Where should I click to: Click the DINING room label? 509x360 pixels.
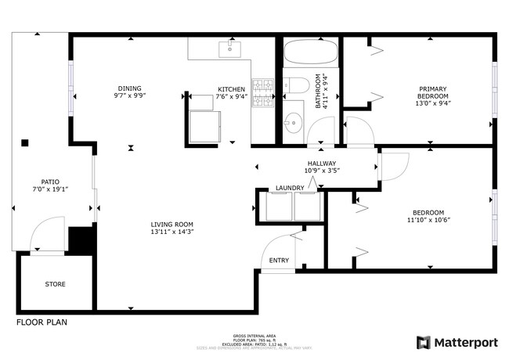[131, 88]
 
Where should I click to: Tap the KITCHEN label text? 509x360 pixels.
[232, 89]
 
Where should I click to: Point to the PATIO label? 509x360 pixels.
[45, 182]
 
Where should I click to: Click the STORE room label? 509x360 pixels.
[55, 284]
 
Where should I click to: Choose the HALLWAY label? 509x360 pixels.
[321, 163]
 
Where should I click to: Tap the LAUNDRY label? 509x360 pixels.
[289, 189]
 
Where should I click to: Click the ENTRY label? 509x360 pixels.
[279, 261]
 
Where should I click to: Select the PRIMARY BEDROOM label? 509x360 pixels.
[432, 92]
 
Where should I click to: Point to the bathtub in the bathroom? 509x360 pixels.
[310, 55]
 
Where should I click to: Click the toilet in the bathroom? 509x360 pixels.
[296, 85]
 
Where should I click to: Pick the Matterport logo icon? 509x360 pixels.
[424, 342]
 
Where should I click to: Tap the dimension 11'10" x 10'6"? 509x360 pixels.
[428, 221]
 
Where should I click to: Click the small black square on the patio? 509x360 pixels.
[26, 142]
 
